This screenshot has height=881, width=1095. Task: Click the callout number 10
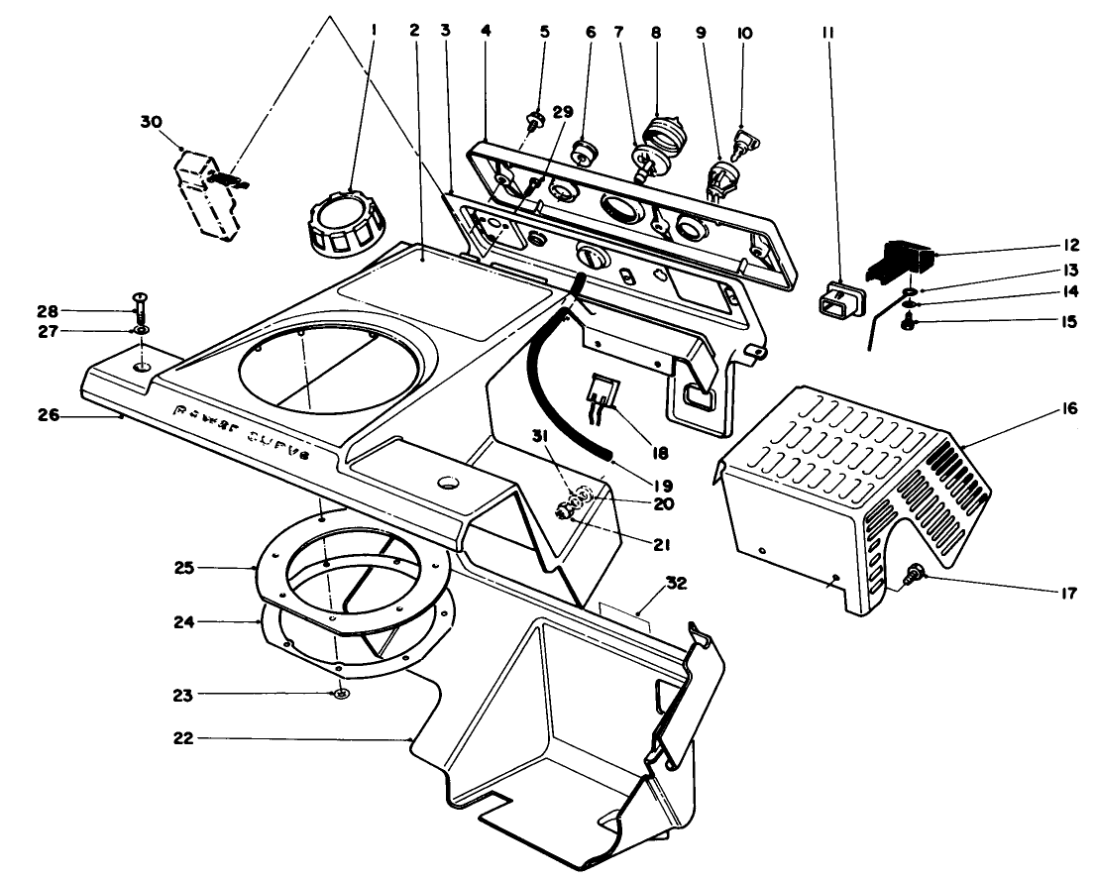click(744, 33)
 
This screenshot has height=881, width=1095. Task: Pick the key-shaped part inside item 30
click(230, 178)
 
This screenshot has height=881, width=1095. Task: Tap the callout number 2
click(413, 31)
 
